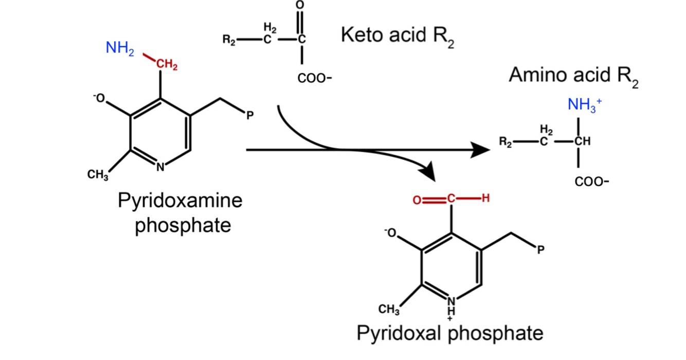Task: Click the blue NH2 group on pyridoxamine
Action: (x=119, y=49)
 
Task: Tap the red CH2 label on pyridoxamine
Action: (x=167, y=65)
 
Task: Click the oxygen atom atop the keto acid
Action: (x=301, y=5)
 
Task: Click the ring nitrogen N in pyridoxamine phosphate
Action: (x=160, y=166)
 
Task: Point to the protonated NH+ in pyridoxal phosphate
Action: (x=451, y=302)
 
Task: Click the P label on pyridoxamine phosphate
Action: (x=249, y=115)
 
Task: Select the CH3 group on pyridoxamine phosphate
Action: (x=98, y=174)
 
